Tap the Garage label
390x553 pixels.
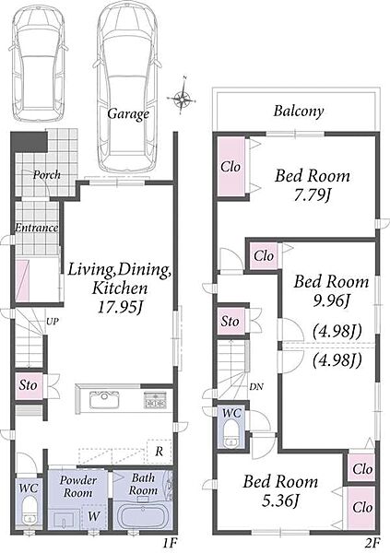click(128, 114)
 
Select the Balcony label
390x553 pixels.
click(298, 112)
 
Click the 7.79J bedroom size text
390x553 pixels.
click(312, 194)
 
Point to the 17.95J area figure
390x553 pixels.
click(120, 308)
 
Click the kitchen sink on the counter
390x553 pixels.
click(104, 400)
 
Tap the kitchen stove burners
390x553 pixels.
click(155, 400)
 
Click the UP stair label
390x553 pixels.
click(52, 322)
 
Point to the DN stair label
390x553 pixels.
click(256, 387)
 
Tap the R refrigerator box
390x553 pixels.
click(160, 452)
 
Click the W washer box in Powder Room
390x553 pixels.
click(94, 516)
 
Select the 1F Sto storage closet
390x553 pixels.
click(29, 385)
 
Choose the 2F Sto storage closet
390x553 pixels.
click(230, 322)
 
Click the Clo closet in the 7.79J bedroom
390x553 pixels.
click(230, 167)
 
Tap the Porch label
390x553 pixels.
click(47, 174)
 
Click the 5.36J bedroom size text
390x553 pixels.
click(280, 500)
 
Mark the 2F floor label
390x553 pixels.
click(372, 543)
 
